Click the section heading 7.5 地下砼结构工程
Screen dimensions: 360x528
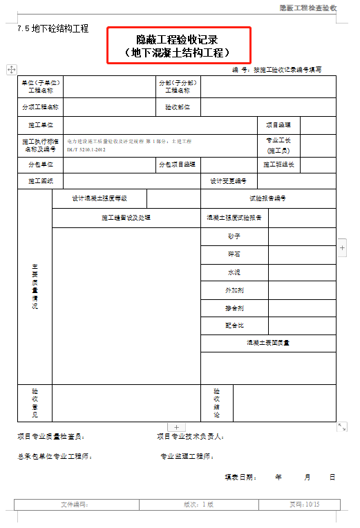pos(53,29)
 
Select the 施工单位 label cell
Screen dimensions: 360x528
pos(41,125)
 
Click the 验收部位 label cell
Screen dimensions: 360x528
pos(178,107)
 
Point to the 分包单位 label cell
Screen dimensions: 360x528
pos(41,164)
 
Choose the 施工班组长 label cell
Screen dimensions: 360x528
pos(278,164)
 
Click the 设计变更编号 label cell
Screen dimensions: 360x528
pos(229,181)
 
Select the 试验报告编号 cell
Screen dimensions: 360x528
pos(267,198)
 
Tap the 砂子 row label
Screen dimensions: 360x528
pos(234,236)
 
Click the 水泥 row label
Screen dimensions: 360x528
pos(234,272)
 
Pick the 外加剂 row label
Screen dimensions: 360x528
pos(234,290)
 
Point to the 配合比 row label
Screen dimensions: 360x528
pos(234,325)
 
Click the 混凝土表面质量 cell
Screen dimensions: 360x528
pos(267,343)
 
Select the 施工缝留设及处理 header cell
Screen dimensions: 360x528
pos(126,218)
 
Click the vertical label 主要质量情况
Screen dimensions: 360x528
pos(35,286)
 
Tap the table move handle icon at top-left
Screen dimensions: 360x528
pos(12,69)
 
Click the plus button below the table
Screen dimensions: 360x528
pos(176,428)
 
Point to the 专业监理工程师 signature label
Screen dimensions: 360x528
pos(187,456)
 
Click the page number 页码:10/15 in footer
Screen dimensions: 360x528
pos(304,505)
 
